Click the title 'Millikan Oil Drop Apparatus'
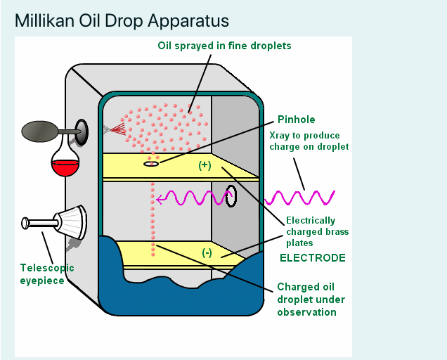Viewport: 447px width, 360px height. (122, 20)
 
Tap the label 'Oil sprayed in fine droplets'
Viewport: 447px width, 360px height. (223, 46)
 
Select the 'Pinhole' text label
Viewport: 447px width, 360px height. (296, 119)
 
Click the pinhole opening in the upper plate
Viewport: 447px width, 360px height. (150, 164)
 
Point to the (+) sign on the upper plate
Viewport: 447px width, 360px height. (205, 165)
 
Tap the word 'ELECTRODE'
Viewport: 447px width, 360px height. (313, 258)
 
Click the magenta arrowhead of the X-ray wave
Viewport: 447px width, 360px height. (160, 199)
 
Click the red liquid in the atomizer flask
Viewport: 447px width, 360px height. (64, 168)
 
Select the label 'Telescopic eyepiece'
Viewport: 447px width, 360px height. (46, 274)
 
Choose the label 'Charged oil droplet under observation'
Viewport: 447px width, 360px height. (306, 299)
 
